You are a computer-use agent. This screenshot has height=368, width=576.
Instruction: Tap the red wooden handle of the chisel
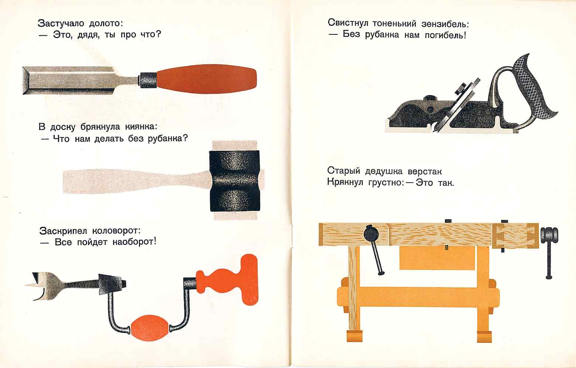click(x=207, y=79)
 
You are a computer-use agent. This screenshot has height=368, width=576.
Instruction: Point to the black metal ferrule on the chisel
click(x=148, y=80)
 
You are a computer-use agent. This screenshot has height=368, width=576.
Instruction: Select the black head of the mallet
click(x=235, y=181)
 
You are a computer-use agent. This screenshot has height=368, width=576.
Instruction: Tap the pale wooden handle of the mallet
click(x=136, y=181)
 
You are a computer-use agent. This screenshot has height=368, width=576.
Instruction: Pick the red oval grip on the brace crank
click(x=150, y=328)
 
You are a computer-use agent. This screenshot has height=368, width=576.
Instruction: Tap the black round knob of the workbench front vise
click(x=371, y=233)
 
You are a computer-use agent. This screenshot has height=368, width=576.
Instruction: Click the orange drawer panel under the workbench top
click(x=437, y=258)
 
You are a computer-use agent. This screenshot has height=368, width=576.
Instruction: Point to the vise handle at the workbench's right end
click(x=549, y=252)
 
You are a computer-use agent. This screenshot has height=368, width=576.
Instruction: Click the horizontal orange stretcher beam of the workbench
click(x=418, y=297)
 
